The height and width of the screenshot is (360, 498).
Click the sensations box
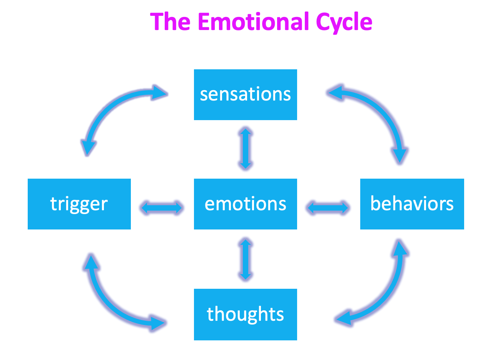(x=245, y=95)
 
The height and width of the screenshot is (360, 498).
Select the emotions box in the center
(x=245, y=204)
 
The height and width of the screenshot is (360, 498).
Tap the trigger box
(x=79, y=204)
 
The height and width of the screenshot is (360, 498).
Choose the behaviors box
(x=412, y=204)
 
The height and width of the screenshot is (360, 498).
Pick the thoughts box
(x=245, y=314)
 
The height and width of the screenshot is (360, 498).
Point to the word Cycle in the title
(x=344, y=22)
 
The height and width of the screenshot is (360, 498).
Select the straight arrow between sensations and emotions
(x=245, y=149)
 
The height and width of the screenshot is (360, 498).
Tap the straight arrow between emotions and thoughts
(x=245, y=259)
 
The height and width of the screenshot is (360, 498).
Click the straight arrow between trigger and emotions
(x=162, y=208)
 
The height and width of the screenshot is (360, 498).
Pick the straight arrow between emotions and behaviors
(x=328, y=208)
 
